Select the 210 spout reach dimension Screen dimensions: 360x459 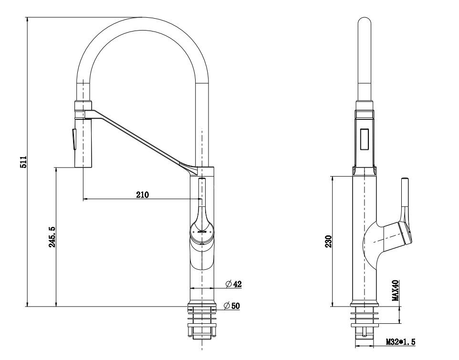pyautogui.click(x=143, y=194)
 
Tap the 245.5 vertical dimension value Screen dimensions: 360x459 pyautogui.click(x=52, y=236)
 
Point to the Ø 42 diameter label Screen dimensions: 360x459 pyautogui.click(x=234, y=284)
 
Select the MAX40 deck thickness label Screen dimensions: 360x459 pyautogui.click(x=395, y=290)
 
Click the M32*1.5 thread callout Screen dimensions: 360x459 pyautogui.click(x=401, y=342)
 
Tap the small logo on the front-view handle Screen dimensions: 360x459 pyautogui.click(x=202, y=230)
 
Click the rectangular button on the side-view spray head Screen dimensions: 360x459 pyautogui.click(x=365, y=139)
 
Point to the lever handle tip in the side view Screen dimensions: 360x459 pyautogui.click(x=405, y=180)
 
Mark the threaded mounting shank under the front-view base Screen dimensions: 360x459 pyautogui.click(x=203, y=329)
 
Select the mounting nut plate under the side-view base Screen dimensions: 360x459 pyautogui.click(x=365, y=325)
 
